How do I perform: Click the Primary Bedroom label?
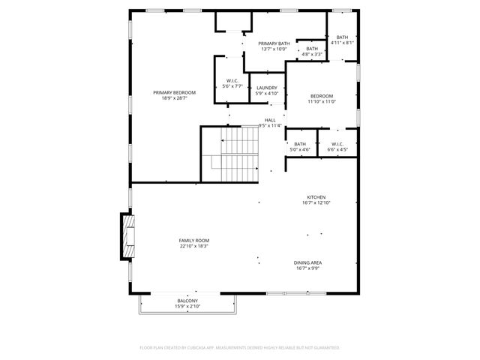pyautogui.click(x=169, y=93)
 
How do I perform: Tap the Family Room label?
pyautogui.click(x=193, y=240)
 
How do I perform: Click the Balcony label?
pyautogui.click(x=187, y=301)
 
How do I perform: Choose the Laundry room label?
pyautogui.click(x=267, y=88)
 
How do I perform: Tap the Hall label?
pyautogui.click(x=270, y=120)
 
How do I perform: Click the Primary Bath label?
pyautogui.click(x=274, y=43)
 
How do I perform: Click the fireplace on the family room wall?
pyautogui.click(x=128, y=237)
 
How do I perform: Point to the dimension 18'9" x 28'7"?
pyautogui.click(x=169, y=98)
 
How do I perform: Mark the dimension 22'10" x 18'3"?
pyautogui.click(x=193, y=246)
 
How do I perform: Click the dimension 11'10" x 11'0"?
pyautogui.click(x=322, y=101)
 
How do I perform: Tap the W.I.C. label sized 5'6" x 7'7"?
pyautogui.click(x=232, y=81)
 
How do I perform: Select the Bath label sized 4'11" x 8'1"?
pyautogui.click(x=342, y=37)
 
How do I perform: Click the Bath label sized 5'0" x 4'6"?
pyautogui.click(x=300, y=145)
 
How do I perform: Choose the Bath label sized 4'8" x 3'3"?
pyautogui.click(x=312, y=49)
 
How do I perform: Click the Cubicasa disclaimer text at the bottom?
pyautogui.click(x=240, y=348)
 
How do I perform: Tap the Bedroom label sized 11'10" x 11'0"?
pyautogui.click(x=322, y=96)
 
